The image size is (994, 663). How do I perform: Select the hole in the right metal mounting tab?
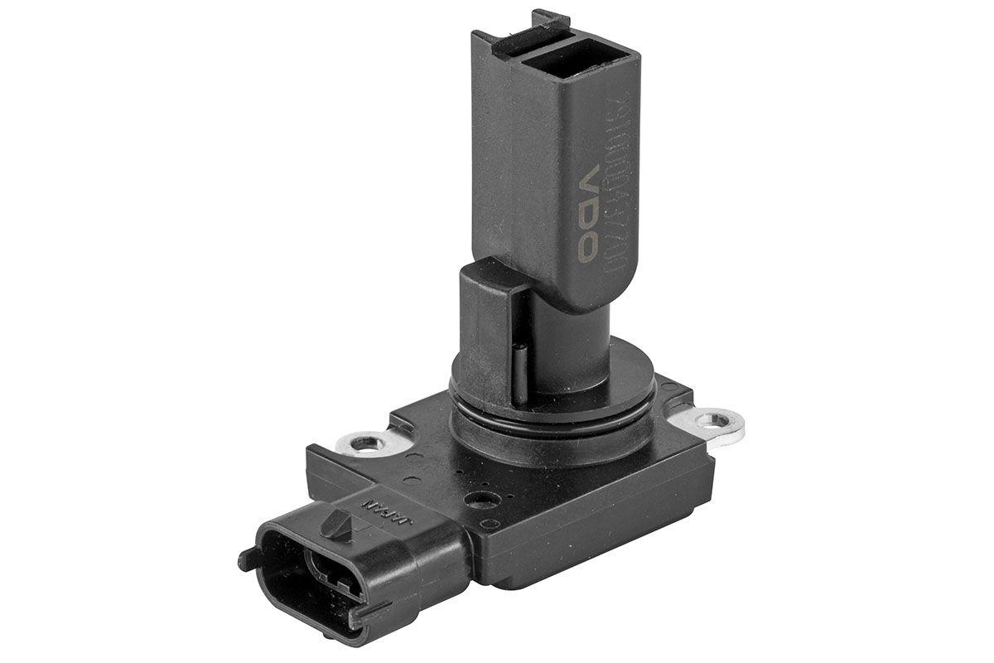pyautogui.click(x=708, y=422)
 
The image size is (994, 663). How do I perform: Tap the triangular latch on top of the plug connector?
pyautogui.click(x=339, y=523)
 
